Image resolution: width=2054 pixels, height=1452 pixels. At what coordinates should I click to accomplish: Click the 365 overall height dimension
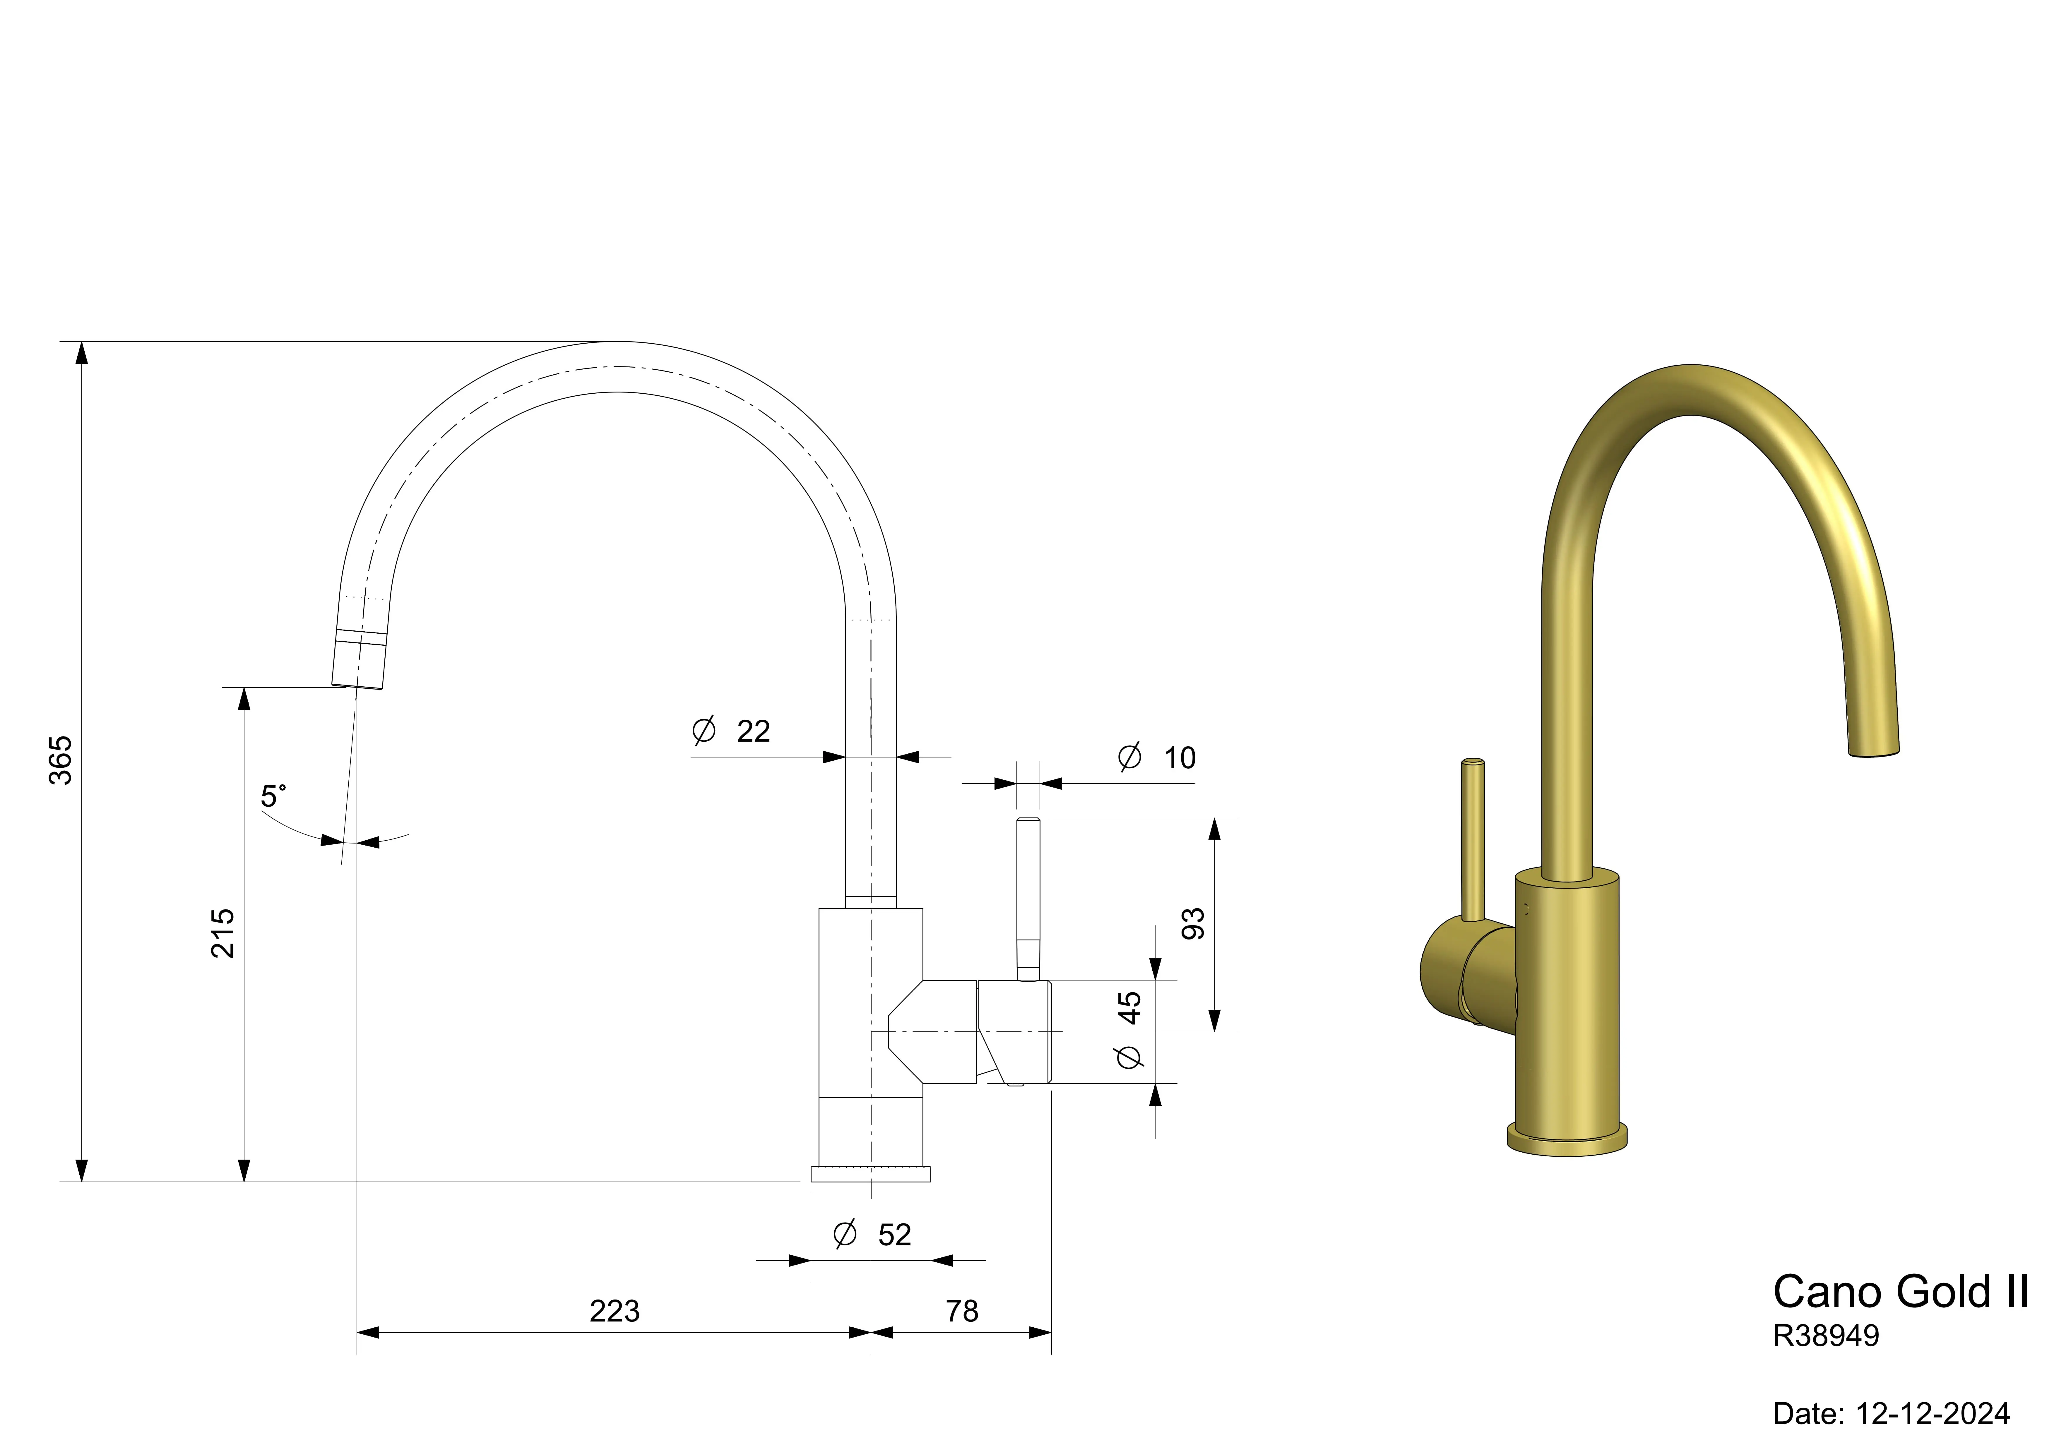tap(60, 760)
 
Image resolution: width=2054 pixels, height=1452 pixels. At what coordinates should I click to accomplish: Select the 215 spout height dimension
tap(223, 933)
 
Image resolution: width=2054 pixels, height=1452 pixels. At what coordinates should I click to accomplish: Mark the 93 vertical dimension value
tap(1193, 923)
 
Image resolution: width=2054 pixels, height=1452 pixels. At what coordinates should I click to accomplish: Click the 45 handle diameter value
tap(1130, 1007)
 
